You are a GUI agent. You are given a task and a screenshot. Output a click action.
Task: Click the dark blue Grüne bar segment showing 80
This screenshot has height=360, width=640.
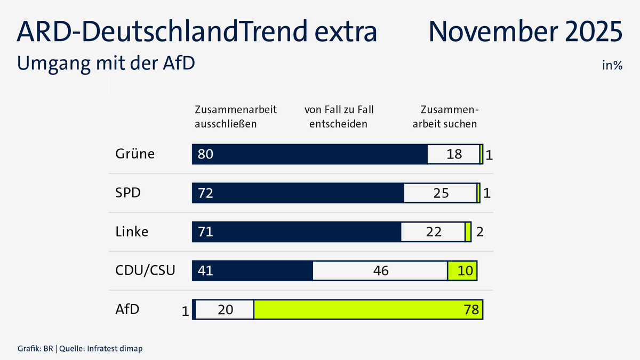tap(309, 154)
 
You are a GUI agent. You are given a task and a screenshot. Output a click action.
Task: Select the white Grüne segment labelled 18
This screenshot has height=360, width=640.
tap(453, 154)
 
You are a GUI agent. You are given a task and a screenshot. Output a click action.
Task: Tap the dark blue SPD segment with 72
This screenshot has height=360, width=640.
tap(298, 193)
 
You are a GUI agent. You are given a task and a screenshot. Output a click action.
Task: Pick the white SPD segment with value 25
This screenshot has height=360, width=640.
tap(440, 193)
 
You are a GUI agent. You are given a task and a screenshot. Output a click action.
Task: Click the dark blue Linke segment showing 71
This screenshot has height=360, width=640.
tap(297, 232)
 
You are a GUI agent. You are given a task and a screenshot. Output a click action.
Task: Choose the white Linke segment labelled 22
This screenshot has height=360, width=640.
tap(433, 232)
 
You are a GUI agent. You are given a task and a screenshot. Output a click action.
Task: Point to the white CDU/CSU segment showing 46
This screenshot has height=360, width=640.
tap(380, 271)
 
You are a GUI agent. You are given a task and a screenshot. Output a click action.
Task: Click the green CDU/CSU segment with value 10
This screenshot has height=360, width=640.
tap(462, 271)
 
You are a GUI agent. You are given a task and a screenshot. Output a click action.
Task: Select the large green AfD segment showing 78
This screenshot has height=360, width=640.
tap(368, 310)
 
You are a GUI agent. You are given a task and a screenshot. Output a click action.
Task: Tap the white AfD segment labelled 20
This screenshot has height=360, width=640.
tap(225, 310)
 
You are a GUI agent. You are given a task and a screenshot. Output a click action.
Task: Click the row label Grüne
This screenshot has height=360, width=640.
tap(135, 154)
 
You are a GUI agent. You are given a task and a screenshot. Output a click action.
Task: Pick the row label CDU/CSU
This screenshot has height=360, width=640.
tap(146, 270)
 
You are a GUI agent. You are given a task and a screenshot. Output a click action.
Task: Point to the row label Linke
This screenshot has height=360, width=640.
tap(132, 232)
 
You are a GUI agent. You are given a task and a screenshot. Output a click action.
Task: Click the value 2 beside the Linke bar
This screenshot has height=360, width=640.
tap(479, 233)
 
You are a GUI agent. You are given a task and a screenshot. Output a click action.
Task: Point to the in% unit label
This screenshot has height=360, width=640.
tap(612, 66)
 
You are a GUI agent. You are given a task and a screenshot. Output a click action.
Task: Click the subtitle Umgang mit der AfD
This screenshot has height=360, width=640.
tap(106, 62)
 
